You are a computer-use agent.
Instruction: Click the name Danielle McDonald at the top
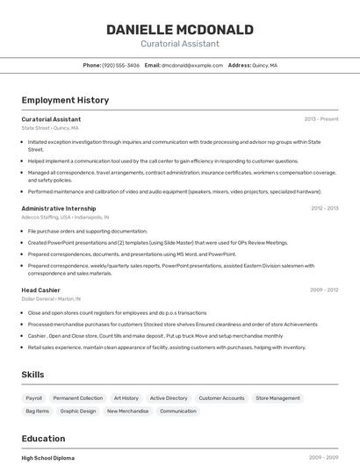pos(179,30)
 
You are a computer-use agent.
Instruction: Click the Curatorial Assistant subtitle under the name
pos(179,44)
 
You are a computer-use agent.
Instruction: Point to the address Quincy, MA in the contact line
pos(264,66)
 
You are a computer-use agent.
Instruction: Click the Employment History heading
pos(65,101)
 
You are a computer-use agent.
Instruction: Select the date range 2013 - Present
pos(320,119)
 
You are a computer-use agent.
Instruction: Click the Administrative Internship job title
pos(58,209)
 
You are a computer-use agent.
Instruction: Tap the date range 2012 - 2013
pos(324,209)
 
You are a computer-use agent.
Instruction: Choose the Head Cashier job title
pos(41,290)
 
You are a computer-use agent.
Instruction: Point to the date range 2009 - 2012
pos(324,290)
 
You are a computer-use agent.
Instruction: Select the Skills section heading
pos(32,375)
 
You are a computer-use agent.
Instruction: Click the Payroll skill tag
pos(33,398)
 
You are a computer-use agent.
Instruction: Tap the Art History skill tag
pos(126,398)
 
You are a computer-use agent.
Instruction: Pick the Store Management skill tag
pos(277,398)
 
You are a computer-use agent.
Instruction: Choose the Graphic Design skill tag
pos(78,411)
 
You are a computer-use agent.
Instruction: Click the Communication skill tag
pos(178,411)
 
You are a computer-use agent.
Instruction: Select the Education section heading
pos(43,439)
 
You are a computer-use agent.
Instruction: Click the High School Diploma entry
pos(48,458)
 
